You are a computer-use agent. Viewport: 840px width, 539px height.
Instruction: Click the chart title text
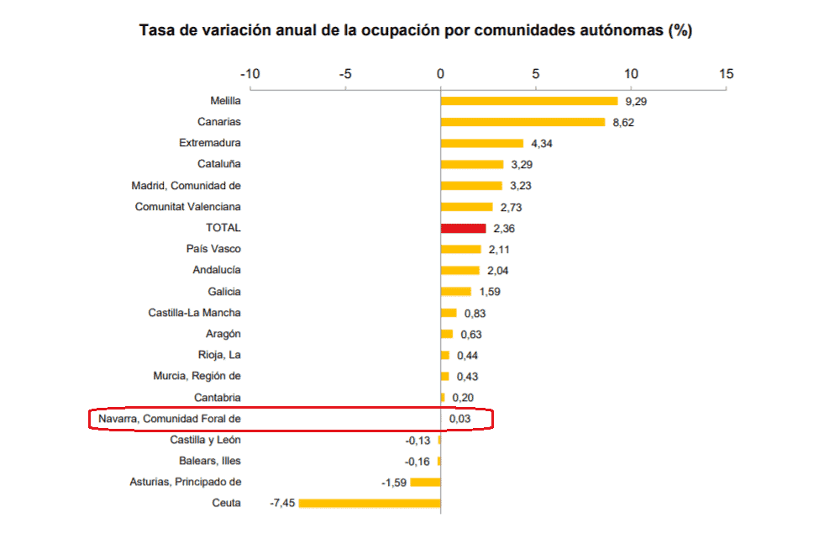coord(415,31)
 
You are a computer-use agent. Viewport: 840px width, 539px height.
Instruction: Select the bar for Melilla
coord(529,101)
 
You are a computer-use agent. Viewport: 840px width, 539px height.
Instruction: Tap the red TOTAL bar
coord(463,228)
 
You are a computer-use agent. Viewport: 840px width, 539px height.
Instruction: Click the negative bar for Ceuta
coord(370,503)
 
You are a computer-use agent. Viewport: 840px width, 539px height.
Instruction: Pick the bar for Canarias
coord(522,122)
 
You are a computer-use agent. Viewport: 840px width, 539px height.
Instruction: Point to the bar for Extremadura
coord(482,143)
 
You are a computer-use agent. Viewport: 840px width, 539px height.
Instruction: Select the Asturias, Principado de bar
coord(425,482)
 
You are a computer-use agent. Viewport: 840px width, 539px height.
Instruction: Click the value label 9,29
coord(637,101)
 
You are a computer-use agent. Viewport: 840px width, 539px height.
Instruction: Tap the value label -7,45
coord(281,503)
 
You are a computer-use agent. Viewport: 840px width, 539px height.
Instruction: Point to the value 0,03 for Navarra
coord(459,418)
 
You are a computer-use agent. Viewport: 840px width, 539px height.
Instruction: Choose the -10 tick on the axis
coord(249,74)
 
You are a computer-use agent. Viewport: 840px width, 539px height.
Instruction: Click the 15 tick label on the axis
coord(726,74)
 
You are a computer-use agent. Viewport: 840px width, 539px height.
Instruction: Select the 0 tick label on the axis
coord(440,74)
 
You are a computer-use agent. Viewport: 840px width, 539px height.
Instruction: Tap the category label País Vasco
coord(213,249)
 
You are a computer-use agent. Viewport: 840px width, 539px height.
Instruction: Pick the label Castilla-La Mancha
coord(194,313)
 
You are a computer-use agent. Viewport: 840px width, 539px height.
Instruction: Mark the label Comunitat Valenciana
coord(187,207)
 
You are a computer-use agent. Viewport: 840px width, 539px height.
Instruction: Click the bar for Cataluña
coord(472,164)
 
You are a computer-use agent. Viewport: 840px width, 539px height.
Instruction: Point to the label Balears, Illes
coord(210,461)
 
